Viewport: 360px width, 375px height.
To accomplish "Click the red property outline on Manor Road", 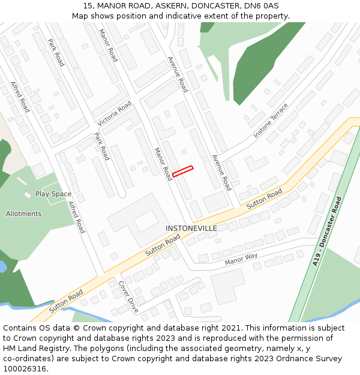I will pyautogui.click(x=183, y=171).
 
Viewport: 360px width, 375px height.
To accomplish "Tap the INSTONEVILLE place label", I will pyautogui.click(x=191, y=229).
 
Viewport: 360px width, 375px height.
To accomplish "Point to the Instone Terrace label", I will pyautogui.click(x=271, y=121).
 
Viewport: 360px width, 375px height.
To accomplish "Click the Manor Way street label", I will pyautogui.click(x=241, y=259).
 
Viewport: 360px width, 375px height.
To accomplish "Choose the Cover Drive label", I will pyautogui.click(x=128, y=296).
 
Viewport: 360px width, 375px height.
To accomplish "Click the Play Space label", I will pyautogui.click(x=53, y=194).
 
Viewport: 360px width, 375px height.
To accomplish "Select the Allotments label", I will pyautogui.click(x=24, y=214).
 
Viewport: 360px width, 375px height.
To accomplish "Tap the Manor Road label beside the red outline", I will pyautogui.click(x=163, y=164).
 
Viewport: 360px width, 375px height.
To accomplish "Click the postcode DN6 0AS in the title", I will pyautogui.click(x=262, y=6).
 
